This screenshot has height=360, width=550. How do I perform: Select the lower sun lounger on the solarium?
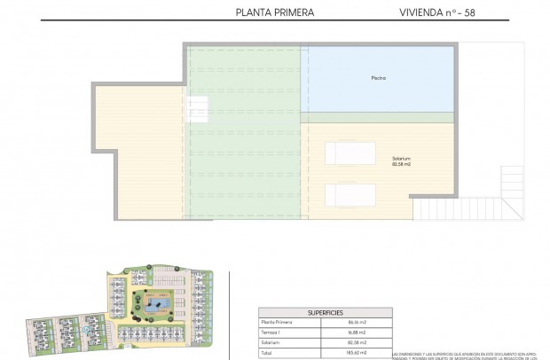coord(342,193)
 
